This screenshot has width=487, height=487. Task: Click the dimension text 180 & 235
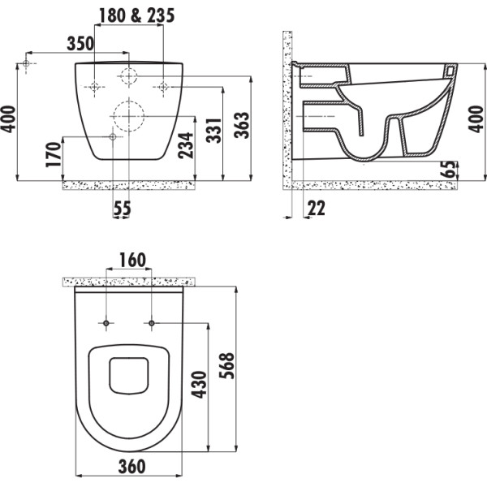136,15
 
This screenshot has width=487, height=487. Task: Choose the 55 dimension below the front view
121,209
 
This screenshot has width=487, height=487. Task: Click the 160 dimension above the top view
131,261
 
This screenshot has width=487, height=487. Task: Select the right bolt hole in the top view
151,325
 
